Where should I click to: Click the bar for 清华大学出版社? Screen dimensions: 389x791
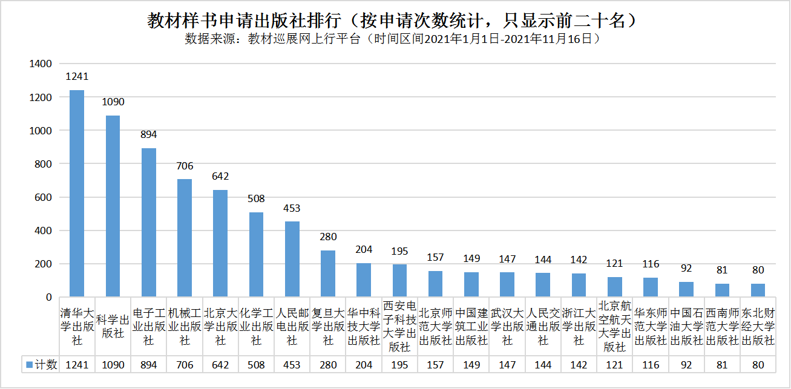coord(77,194)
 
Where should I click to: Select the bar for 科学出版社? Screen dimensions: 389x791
coord(113,206)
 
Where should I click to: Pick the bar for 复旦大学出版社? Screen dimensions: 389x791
coord(328,273)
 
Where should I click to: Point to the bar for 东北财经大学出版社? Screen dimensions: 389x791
coord(758,290)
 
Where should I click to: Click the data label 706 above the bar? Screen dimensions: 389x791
coord(185,166)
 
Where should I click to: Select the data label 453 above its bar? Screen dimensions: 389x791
coord(292,208)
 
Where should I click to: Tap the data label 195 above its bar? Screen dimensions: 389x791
coord(399,251)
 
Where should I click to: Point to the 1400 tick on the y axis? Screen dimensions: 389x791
coord(42,64)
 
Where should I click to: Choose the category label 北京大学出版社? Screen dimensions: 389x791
coord(220,327)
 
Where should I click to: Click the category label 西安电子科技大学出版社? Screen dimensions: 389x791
coord(399,326)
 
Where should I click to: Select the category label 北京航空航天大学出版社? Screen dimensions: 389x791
coord(615,326)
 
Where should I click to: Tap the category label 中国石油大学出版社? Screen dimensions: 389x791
coord(686,327)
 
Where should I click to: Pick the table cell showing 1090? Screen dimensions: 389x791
coord(113,365)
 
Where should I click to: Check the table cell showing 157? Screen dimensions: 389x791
coord(435,365)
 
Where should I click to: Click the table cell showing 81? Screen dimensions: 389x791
coord(722,365)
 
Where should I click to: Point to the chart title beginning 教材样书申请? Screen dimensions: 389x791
coord(395,21)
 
